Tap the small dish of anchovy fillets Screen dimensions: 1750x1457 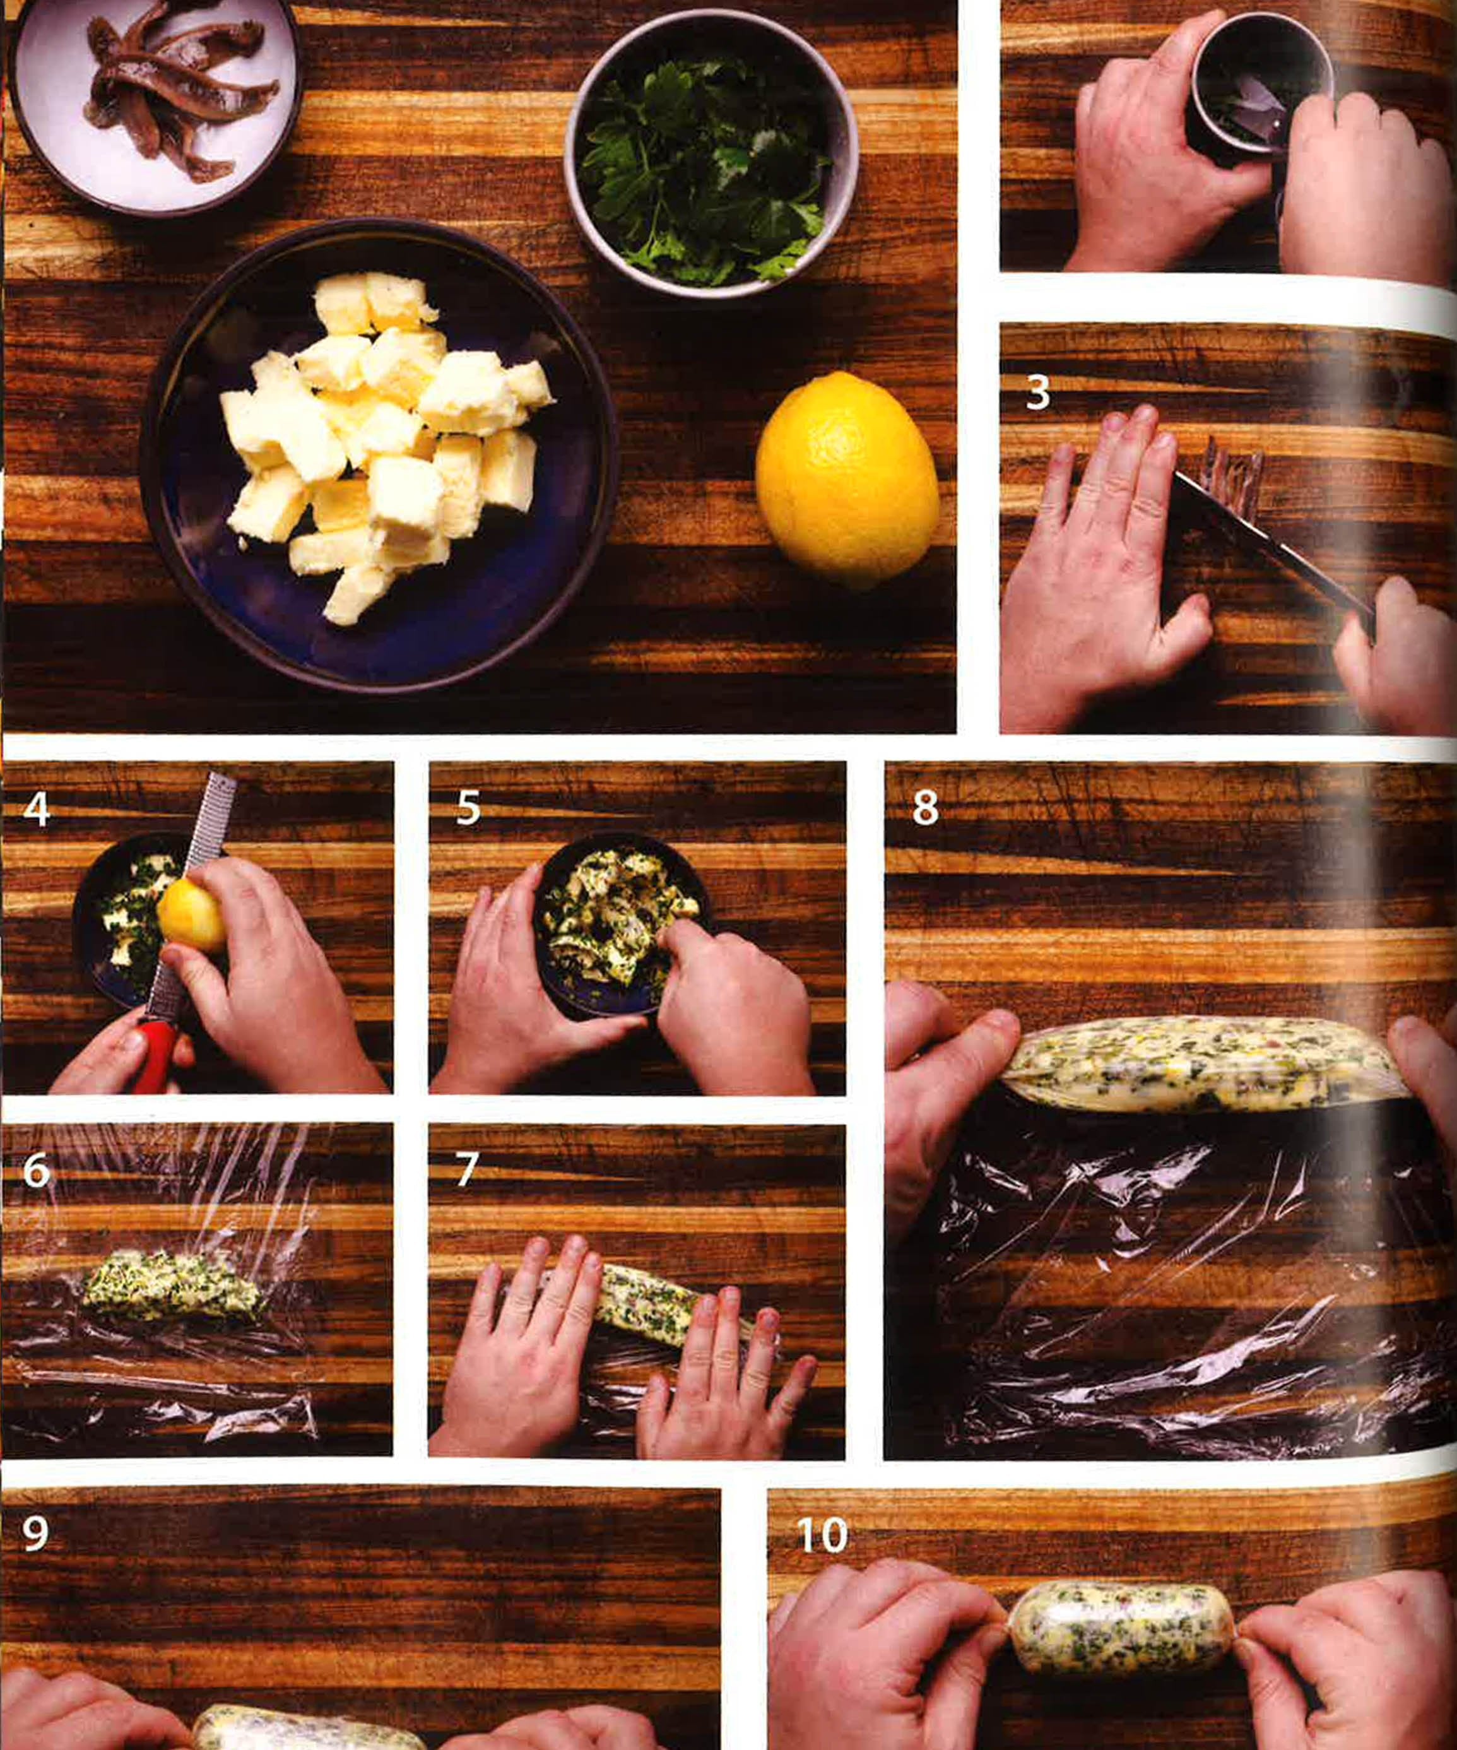tap(154, 104)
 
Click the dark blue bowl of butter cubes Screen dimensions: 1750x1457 tap(379, 454)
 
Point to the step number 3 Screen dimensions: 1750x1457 tap(1037, 393)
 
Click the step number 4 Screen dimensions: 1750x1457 tap(36, 808)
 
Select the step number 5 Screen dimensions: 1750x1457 tap(468, 808)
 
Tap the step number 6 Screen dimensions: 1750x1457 tap(37, 1170)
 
